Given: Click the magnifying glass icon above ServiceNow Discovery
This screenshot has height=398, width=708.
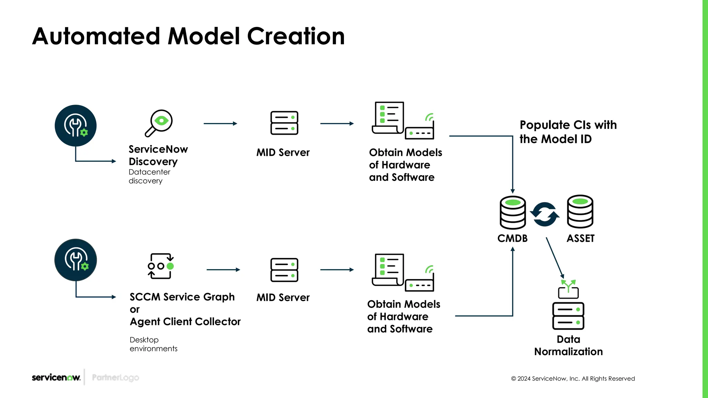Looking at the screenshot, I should pos(159,123).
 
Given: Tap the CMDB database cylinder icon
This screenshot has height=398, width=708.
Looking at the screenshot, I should pos(513,212).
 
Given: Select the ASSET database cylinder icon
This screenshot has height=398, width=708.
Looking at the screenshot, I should pos(580,211).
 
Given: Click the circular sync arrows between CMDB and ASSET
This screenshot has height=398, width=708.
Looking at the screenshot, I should pos(545,215).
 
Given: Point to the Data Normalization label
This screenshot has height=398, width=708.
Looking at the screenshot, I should pos(568,345).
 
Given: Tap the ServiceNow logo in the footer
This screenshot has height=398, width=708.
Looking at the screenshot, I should pos(56,377).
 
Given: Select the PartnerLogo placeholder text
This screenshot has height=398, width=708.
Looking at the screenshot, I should pos(115,378).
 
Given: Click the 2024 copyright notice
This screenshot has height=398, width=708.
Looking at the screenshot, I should pos(573,379).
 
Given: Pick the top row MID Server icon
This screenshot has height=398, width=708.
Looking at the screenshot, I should pos(284,123).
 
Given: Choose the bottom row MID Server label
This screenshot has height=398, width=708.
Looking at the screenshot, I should pos(283,297).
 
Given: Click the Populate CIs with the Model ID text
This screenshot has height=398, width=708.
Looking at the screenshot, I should pos(568,132).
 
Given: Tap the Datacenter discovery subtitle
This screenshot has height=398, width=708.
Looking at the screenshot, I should pos(149,176).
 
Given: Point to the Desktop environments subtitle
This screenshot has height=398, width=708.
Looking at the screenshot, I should pos(153,344).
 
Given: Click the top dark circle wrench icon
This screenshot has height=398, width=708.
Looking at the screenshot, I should pos(76,125).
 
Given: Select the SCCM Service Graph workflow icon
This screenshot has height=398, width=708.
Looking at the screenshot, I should pos(160,266).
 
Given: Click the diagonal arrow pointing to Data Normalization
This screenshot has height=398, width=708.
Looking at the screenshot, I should pos(555,258).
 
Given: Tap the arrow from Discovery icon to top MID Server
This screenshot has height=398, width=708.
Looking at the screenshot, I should pos(220,123).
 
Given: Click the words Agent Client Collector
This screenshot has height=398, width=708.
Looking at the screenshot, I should pos(185,322).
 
